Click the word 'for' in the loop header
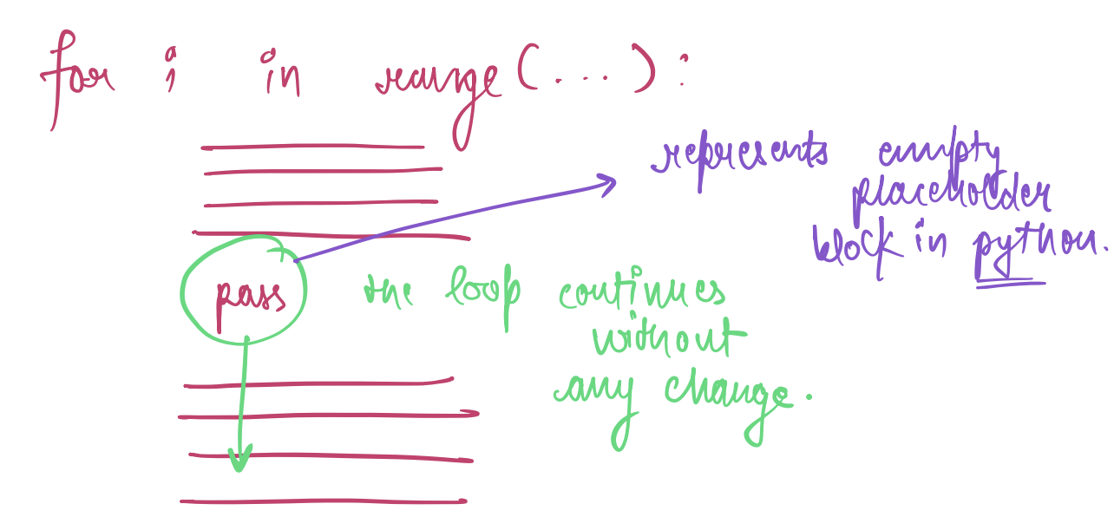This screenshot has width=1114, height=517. point(77,80)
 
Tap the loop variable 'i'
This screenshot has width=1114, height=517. point(171,69)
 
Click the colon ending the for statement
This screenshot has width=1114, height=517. point(684,71)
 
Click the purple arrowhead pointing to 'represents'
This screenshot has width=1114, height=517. point(607,185)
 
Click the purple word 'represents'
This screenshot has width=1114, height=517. point(740,158)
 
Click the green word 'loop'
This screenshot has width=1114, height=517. point(483,294)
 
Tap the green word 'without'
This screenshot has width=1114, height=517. point(670,337)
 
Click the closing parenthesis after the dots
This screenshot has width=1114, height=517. point(645,69)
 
